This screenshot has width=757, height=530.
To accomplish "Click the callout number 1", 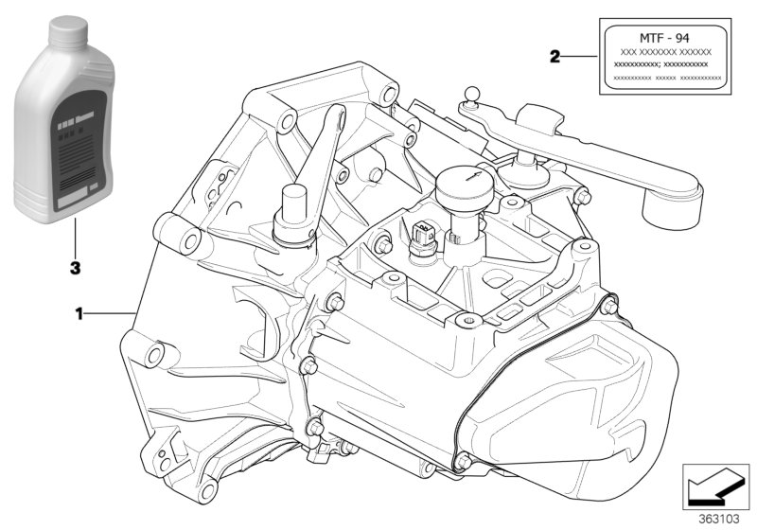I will point(80,311).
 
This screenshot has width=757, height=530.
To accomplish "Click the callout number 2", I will point(555,56).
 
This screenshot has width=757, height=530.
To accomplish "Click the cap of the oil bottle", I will point(61,33).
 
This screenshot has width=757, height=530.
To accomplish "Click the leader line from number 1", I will point(112,311).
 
